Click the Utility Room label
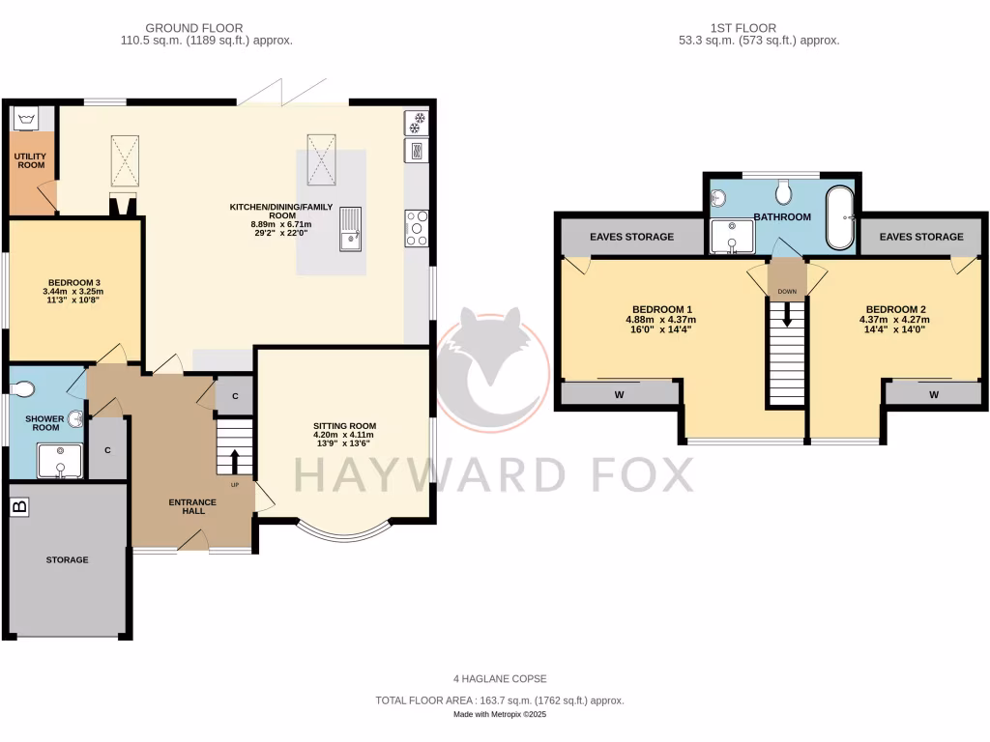[x=30, y=159]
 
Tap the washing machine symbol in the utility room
[x=25, y=119]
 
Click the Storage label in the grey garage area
[x=67, y=559]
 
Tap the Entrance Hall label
[x=187, y=506]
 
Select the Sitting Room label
[x=344, y=426]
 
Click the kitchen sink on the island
[x=350, y=230]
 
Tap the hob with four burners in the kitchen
[x=417, y=228]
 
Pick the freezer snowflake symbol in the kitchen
[x=417, y=122]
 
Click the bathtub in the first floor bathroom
[x=839, y=217]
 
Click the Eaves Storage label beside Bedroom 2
[x=921, y=237]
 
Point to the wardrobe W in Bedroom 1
[x=618, y=394]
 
